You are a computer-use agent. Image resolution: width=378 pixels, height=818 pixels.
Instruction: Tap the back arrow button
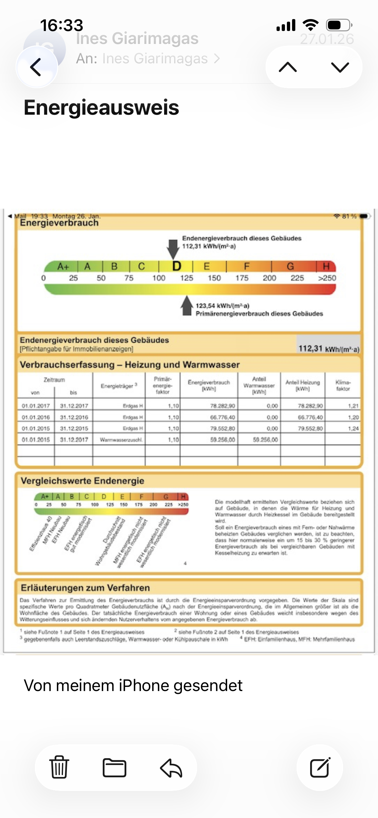tap(36, 67)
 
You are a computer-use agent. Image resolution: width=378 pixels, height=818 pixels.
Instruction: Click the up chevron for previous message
tap(288, 67)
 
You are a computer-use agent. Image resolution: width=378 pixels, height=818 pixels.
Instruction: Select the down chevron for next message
tap(340, 67)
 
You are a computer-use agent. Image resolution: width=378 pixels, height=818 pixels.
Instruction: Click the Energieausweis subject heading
tap(101, 108)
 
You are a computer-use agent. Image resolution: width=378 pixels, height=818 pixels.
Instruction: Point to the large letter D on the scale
tap(177, 266)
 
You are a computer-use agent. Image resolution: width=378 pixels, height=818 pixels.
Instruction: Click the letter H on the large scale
tap(326, 266)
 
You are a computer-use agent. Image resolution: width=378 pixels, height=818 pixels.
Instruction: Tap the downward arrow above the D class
tap(173, 248)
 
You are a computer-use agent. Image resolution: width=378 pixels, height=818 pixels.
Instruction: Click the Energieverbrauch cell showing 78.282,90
tap(223, 406)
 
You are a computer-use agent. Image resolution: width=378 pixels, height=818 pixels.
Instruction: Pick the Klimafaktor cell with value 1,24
tap(353, 428)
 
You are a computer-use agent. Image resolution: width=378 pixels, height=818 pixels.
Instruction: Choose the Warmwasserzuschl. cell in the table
tap(121, 440)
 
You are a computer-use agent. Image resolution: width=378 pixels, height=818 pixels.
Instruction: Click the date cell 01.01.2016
tap(36, 417)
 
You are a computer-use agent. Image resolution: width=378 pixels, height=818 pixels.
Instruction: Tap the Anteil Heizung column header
tap(303, 385)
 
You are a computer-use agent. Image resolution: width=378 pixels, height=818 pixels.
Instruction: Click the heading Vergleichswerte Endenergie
tap(82, 481)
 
